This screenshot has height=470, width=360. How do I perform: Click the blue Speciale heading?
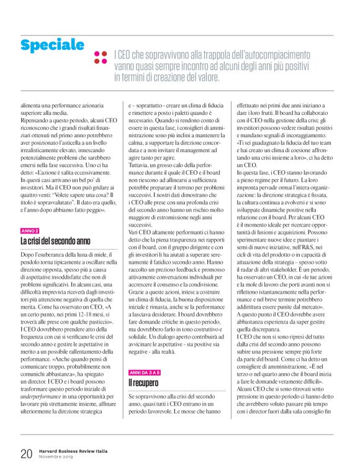(x=52, y=45)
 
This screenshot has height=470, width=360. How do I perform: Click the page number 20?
(x=26, y=453)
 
